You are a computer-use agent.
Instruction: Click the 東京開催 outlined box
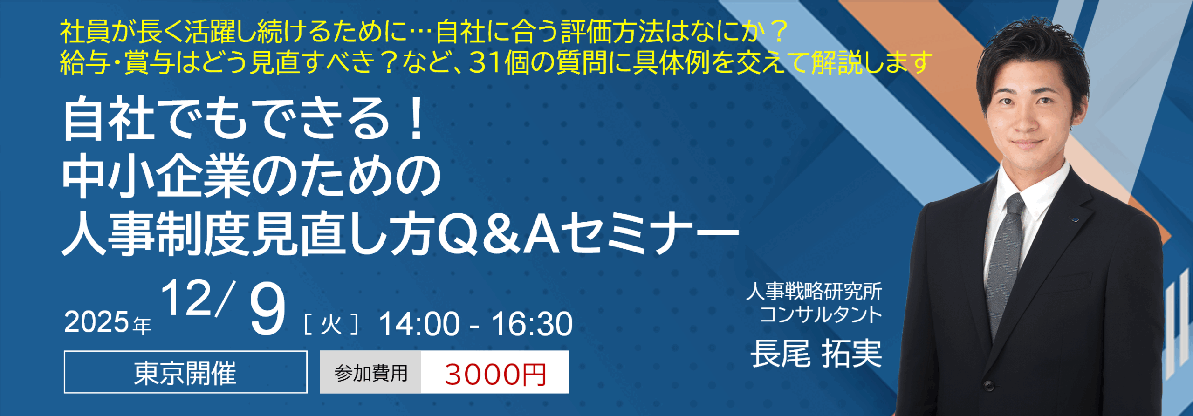click(185, 372)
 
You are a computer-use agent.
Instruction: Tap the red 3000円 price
click(495, 374)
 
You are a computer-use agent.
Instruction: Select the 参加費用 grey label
click(370, 372)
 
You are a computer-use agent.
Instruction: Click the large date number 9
click(267, 309)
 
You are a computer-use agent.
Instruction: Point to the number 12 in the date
click(186, 299)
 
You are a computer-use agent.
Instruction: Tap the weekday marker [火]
click(331, 324)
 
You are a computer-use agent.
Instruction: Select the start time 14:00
click(419, 324)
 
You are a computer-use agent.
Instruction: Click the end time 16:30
click(532, 324)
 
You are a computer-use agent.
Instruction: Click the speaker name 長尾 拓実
click(816, 354)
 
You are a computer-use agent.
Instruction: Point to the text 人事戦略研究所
click(814, 292)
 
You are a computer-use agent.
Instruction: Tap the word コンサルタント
click(821, 314)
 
